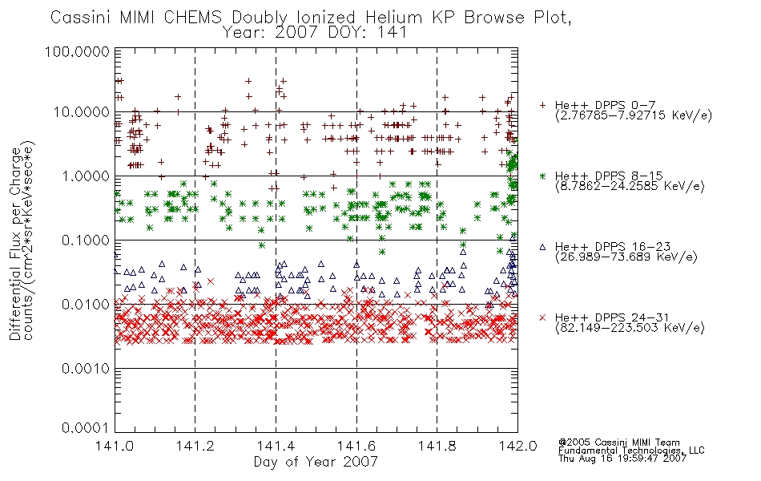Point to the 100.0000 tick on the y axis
coord(77,51)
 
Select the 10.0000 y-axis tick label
coord(81,112)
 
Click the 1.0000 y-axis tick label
coord(86,176)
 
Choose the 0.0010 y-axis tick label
coord(86,368)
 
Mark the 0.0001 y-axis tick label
coord(86,428)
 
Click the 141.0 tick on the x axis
coord(115,446)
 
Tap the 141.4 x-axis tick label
coord(276,446)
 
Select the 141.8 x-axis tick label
coord(437,446)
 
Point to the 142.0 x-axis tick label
coord(517,446)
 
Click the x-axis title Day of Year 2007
coord(316,462)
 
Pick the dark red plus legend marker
coord(542,105)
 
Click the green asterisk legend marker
coord(542,176)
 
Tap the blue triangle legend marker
coord(542,247)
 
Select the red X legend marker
coord(542,317)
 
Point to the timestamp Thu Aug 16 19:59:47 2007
coord(622,459)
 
